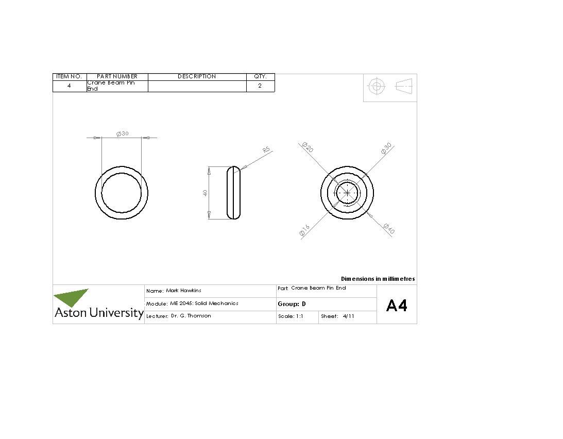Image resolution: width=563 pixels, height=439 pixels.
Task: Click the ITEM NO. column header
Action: click(69, 76)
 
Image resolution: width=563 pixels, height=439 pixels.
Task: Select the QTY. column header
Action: click(260, 76)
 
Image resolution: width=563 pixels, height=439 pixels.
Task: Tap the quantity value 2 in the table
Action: click(260, 86)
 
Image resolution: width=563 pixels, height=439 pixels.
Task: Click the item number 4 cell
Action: click(69, 86)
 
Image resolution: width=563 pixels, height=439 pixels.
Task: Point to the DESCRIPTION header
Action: click(197, 76)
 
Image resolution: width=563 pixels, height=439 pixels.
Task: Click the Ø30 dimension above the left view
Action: click(123, 133)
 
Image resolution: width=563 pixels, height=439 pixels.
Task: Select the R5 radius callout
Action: click(266, 150)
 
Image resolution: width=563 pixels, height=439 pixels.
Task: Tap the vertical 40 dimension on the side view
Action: click(205, 193)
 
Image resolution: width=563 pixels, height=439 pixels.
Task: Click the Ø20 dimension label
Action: click(308, 148)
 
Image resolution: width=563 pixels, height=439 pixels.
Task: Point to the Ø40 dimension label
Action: click(389, 228)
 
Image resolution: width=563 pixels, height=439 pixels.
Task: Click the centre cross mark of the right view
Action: click(347, 193)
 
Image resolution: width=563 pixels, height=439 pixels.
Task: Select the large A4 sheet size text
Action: click(397, 306)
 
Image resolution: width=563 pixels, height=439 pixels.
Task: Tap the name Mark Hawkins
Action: click(183, 291)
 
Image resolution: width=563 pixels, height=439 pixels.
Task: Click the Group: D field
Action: click(292, 304)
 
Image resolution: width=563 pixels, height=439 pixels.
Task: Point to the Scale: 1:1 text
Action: click(291, 316)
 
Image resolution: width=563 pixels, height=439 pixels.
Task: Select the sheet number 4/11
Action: click(348, 316)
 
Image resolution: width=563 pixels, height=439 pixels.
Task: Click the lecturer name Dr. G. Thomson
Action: click(191, 316)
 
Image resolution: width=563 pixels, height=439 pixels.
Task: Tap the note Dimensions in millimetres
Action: click(378, 279)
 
